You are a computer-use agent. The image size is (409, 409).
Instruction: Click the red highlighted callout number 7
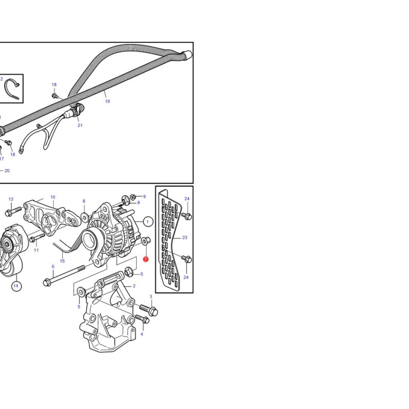point(146,259)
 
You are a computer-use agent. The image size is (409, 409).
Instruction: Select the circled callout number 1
point(148,222)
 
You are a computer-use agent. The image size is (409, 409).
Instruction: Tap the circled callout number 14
point(16,286)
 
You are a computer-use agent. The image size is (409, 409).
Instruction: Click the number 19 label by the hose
point(107,101)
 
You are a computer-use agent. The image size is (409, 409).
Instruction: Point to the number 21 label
point(80,125)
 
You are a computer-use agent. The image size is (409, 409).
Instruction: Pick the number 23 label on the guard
point(185,237)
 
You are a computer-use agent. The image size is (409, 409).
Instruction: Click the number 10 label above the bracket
point(53,197)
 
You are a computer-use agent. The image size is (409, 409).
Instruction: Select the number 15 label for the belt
point(62,261)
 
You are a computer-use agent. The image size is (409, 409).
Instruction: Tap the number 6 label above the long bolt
point(53,266)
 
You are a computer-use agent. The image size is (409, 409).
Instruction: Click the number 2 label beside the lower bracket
point(134,286)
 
